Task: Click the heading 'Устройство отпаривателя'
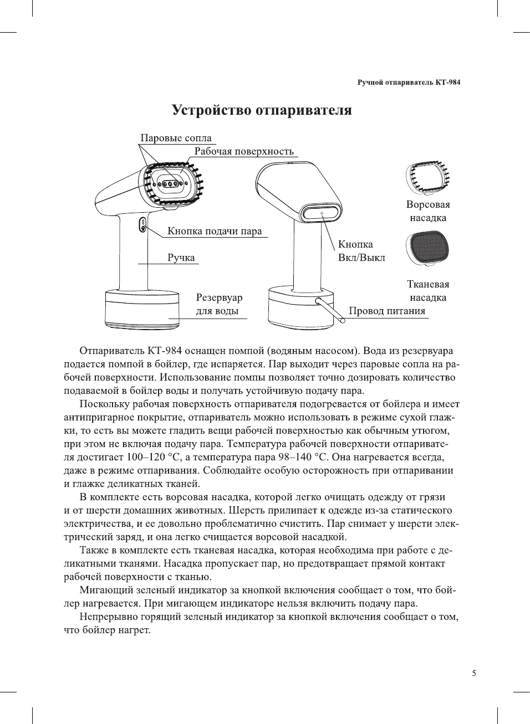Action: (262, 110)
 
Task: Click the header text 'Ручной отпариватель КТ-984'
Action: (408, 83)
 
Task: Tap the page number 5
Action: (473, 673)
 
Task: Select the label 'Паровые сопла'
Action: (176, 138)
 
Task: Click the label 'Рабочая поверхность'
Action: (244, 151)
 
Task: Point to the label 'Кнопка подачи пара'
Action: (215, 231)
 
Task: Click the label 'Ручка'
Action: (181, 258)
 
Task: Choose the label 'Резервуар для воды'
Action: (219, 304)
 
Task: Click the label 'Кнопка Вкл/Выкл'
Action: (361, 251)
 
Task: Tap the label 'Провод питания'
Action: (387, 311)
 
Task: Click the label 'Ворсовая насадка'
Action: (428, 211)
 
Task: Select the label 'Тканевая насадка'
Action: (428, 291)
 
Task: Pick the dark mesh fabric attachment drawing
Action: (427, 247)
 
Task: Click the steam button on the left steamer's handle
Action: (142, 225)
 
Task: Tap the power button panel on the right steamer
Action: (321, 213)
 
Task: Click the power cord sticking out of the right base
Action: (330, 310)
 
